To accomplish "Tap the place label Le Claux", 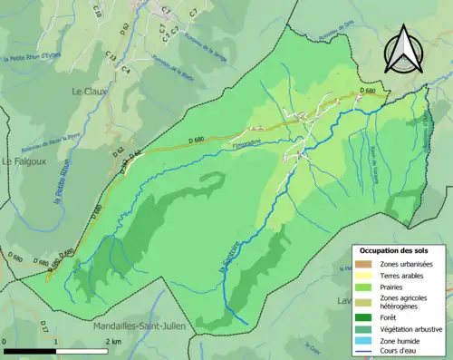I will (90, 92).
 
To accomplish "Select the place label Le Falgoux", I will (18, 161).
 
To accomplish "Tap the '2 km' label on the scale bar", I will (113, 342).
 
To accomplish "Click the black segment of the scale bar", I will (30, 350).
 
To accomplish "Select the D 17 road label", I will (43, 324).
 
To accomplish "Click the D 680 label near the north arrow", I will (367, 92).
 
